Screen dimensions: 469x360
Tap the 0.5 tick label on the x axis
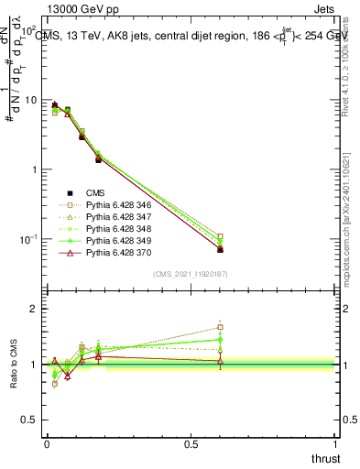(x=191, y=444)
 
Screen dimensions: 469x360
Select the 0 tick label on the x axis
(x=47, y=444)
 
